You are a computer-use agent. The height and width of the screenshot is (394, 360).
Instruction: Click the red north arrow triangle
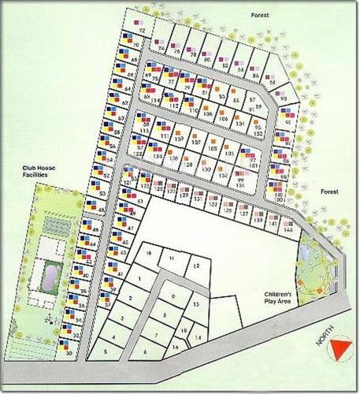tap(340, 349)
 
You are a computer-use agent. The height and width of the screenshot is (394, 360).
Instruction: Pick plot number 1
tap(139, 279)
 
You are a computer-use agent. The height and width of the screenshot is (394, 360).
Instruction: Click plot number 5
tap(105, 350)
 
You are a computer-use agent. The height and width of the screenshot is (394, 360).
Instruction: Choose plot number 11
tap(170, 258)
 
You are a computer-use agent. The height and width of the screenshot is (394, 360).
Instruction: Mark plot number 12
tap(196, 268)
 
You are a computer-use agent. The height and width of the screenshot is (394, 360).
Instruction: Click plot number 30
tap(69, 355)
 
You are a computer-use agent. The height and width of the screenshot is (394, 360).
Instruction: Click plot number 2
tap(130, 299)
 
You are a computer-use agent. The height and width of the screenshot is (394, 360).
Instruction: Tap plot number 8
tap(163, 314)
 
